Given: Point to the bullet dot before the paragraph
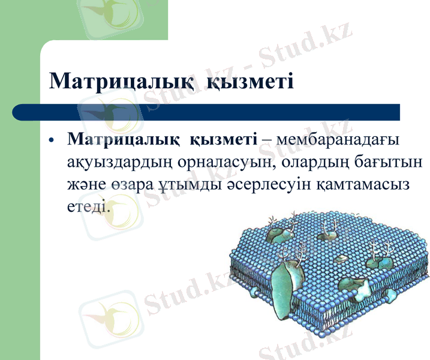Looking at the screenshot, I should coord(52,140).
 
